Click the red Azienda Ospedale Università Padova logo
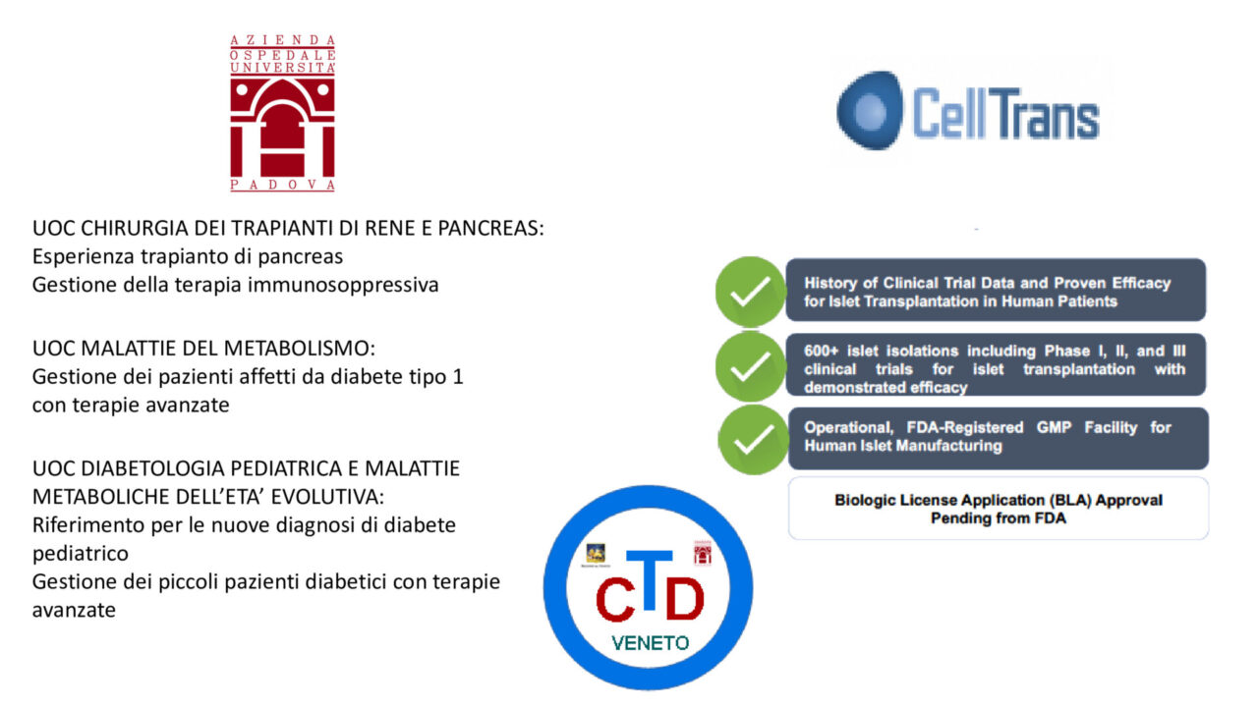[x=282, y=113]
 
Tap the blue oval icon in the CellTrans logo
[x=870, y=110]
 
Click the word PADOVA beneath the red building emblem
[x=282, y=186]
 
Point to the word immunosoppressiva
[x=343, y=285]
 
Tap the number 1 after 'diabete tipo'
[x=458, y=376]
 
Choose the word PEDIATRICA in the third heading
[x=294, y=468]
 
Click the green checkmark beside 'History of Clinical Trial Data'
[x=750, y=292]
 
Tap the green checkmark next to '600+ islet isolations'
[x=750, y=366]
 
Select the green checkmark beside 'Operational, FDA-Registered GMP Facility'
[x=753, y=440]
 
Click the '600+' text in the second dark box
[x=821, y=352]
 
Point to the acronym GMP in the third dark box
[x=1054, y=427]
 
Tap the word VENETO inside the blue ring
[x=650, y=643]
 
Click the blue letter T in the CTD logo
[x=650, y=579]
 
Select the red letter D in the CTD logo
[x=684, y=599]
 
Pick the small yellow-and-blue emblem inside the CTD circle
[x=596, y=554]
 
